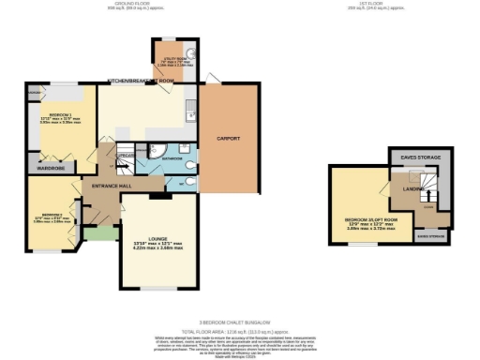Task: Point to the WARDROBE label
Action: pos(51,168)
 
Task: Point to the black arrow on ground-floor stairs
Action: pos(117,166)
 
